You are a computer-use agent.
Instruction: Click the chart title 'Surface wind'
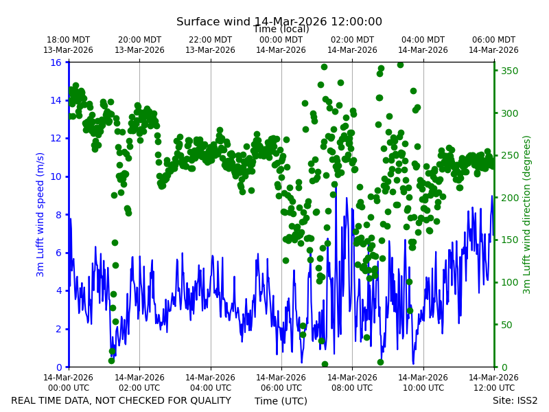pyautogui.click(x=213, y=22)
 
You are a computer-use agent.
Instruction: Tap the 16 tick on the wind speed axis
pyautogui.click(x=56, y=62)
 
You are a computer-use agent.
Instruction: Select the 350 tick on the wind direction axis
pyautogui.click(x=509, y=71)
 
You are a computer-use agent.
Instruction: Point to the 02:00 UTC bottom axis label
pyautogui.click(x=139, y=382)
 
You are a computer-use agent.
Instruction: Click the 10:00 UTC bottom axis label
pyautogui.click(x=423, y=382)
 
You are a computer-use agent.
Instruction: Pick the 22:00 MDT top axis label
pyautogui.click(x=210, y=45)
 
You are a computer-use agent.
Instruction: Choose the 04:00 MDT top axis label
pyautogui.click(x=423, y=45)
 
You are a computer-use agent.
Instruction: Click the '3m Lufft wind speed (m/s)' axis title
pyautogui.click(x=40, y=214)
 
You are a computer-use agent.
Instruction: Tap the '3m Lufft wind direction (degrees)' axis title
pyautogui.click(x=527, y=215)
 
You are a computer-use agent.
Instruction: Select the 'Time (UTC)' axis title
pyautogui.click(x=281, y=401)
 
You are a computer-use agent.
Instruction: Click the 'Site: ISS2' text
pyautogui.click(x=515, y=400)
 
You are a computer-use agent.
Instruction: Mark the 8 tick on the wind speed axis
pyautogui.click(x=58, y=215)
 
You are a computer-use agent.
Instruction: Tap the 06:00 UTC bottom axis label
pyautogui.click(x=281, y=382)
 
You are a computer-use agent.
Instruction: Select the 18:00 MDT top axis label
pyautogui.click(x=68, y=45)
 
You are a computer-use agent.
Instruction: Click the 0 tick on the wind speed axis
pyautogui.click(x=58, y=367)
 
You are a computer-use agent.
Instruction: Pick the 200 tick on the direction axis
pyautogui.click(x=509, y=198)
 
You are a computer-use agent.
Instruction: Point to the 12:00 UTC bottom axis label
pyautogui.click(x=493, y=382)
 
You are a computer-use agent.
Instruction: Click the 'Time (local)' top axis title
pyautogui.click(x=281, y=29)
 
